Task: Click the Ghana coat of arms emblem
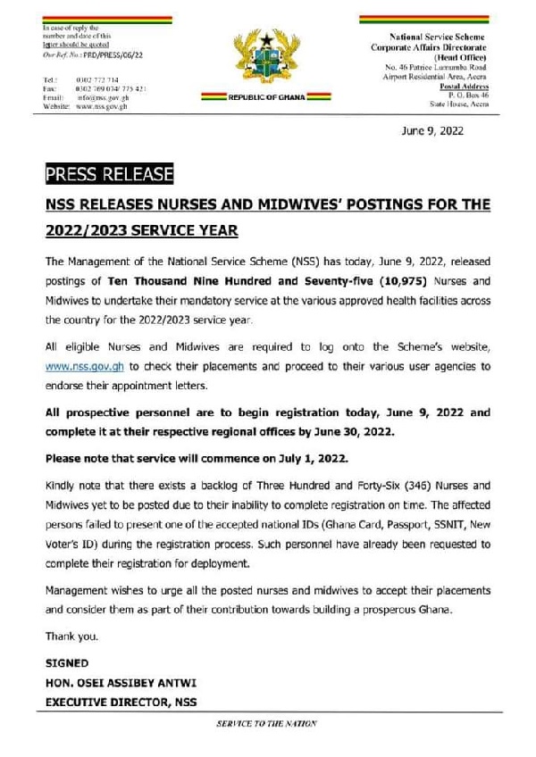point(268,61)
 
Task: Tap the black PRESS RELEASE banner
point(98,172)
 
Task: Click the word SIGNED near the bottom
point(66,663)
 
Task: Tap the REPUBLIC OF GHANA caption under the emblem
point(267,96)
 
